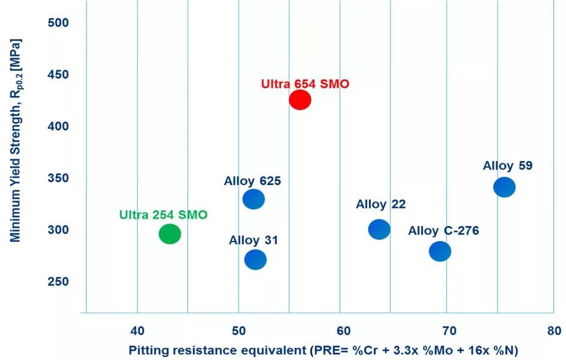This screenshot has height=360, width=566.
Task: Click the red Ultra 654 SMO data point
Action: (300, 100)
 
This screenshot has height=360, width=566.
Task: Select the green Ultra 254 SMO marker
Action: (170, 234)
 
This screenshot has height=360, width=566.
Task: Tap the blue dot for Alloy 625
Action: (254, 199)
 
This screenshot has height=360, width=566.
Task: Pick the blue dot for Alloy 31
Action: (255, 260)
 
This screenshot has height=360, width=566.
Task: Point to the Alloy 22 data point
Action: (379, 229)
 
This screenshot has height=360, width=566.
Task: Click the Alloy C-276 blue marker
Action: (440, 251)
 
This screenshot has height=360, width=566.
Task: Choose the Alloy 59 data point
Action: (504, 187)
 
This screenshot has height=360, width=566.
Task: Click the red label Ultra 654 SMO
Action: (305, 84)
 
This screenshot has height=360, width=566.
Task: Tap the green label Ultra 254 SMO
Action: (163, 215)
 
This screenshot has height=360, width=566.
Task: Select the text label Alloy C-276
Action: (443, 231)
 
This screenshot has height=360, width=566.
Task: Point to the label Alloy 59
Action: (507, 166)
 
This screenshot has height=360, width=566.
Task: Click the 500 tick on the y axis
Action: (58, 23)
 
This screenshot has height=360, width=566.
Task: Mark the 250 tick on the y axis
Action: (58, 282)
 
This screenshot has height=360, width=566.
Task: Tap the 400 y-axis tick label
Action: (58, 126)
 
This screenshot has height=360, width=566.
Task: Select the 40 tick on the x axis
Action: (138, 331)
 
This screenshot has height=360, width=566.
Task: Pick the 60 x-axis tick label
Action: (343, 331)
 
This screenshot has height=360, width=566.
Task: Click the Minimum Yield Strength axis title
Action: (16, 141)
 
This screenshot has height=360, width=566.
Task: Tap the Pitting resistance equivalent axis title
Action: (323, 350)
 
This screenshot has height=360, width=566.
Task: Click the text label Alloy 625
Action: (252, 181)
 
